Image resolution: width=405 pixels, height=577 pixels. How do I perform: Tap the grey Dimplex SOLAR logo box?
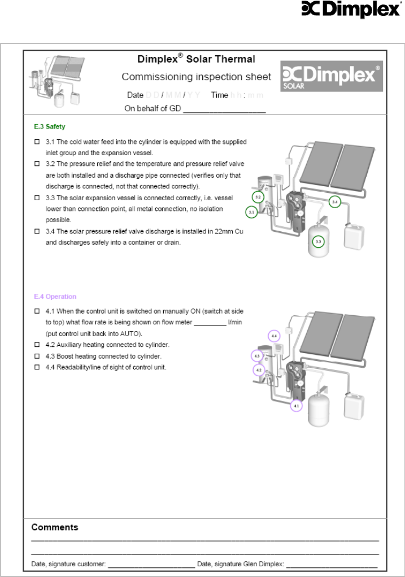332,76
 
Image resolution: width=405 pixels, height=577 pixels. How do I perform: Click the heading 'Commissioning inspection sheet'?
197,77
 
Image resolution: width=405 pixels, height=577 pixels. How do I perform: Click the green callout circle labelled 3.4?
335,201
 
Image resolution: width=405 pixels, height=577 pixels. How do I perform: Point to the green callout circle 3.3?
319,241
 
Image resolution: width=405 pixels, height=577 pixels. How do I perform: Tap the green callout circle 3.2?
258,197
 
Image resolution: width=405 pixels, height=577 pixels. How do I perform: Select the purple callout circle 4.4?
274,336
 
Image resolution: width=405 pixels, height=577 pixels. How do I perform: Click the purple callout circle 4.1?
297,405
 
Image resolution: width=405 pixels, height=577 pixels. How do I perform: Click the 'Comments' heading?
55,527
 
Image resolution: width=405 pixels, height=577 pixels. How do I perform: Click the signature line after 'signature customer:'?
151,565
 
